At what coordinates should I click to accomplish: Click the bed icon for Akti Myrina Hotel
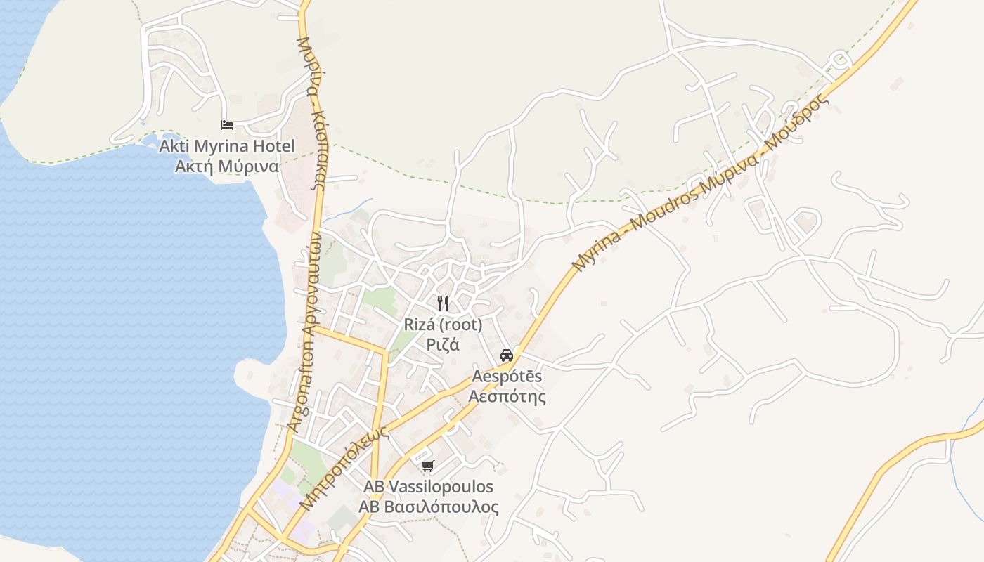click(226, 125)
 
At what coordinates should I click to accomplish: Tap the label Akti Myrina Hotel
click(227, 147)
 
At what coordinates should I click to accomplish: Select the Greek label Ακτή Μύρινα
click(227, 166)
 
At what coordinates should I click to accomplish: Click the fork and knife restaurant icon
click(443, 303)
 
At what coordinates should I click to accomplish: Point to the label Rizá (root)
click(443, 325)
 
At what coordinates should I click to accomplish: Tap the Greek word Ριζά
click(443, 345)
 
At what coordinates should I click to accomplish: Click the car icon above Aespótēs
click(507, 355)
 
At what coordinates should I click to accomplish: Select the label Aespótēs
click(507, 377)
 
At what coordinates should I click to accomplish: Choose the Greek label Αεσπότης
click(507, 396)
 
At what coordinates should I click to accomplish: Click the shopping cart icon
click(428, 466)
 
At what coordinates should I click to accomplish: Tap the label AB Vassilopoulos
click(428, 487)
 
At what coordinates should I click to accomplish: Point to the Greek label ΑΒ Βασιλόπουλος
click(428, 507)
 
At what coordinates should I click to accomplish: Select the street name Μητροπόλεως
click(344, 469)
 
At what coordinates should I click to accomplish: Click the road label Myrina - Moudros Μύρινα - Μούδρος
click(700, 183)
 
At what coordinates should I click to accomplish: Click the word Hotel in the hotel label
click(275, 147)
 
